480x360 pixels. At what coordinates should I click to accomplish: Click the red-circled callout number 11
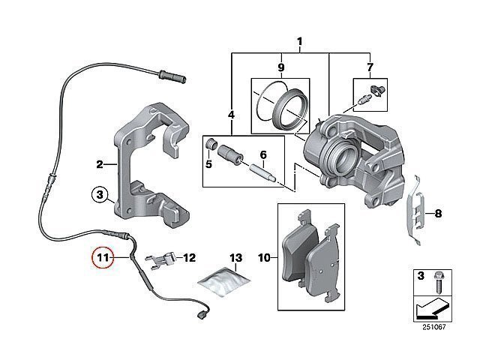(103, 258)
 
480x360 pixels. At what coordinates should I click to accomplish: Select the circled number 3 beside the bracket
(100, 195)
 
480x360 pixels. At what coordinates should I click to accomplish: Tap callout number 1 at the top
(300, 41)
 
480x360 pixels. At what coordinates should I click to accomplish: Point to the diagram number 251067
(433, 327)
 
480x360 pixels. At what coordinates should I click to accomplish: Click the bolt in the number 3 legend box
(437, 282)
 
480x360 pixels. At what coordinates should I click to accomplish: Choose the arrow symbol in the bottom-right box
(431, 307)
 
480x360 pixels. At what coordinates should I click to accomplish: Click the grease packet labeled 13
(224, 282)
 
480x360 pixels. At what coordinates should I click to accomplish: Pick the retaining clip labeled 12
(161, 260)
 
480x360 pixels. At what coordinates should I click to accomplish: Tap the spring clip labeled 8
(415, 211)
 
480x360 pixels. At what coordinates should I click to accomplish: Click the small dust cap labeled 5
(210, 143)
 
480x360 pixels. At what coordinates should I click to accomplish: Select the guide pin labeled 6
(263, 173)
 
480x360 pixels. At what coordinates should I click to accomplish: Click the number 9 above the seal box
(281, 67)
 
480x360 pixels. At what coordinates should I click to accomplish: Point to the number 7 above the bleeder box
(370, 67)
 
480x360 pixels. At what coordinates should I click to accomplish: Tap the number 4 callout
(231, 115)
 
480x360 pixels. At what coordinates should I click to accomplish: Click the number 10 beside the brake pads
(264, 258)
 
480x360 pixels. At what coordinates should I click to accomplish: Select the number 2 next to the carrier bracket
(100, 164)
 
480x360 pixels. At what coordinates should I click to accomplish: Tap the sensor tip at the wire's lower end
(203, 314)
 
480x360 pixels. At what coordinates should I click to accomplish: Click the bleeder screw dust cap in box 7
(378, 90)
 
